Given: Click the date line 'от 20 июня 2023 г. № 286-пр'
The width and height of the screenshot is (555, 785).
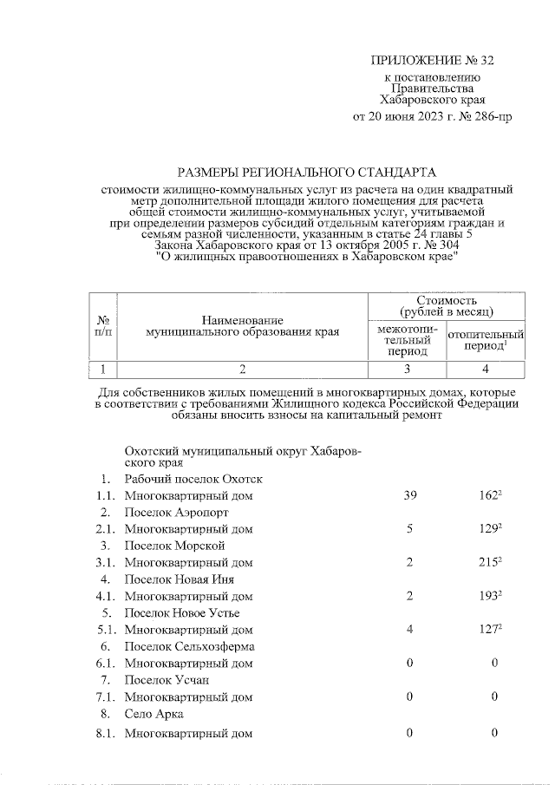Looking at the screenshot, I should click(431, 115).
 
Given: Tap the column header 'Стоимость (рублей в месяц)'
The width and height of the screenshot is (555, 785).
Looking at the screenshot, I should click(446, 304).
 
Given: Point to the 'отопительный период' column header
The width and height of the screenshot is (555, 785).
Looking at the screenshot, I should click(486, 340).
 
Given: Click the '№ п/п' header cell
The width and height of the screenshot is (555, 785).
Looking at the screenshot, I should click(102, 324).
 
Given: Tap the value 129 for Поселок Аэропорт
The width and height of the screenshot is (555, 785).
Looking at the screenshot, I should click(492, 528).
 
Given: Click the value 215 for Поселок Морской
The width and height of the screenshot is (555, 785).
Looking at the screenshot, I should click(492, 562).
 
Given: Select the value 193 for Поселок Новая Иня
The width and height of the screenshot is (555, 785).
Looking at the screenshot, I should click(492, 596).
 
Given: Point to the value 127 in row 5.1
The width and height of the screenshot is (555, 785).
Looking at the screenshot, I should click(492, 630).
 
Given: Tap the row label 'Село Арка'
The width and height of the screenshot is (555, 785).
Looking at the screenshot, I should click(153, 714).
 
